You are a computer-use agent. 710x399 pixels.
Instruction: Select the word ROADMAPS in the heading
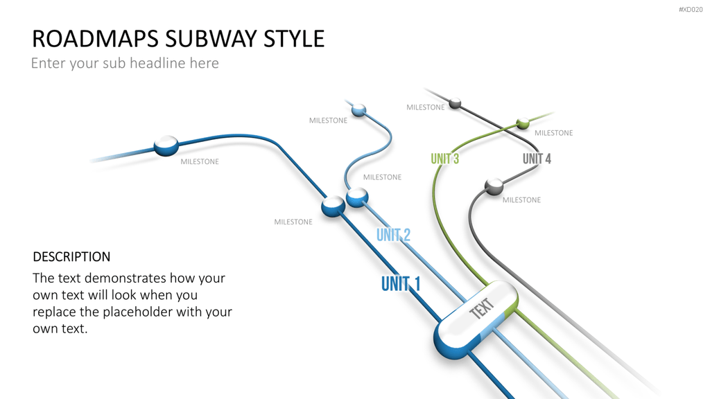96,39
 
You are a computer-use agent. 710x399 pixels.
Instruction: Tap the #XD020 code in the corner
691,10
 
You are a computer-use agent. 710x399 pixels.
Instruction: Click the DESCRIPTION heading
71,256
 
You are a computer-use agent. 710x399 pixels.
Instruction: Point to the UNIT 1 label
401,284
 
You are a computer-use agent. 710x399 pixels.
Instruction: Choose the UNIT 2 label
394,235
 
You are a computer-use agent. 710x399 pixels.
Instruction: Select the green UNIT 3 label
444,159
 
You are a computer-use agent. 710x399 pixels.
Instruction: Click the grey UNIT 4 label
537,159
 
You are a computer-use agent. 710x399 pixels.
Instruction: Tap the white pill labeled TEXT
476,319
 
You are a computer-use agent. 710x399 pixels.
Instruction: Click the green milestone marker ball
523,123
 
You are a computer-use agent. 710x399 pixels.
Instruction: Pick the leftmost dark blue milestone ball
166,145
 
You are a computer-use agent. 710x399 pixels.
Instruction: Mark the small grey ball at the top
455,104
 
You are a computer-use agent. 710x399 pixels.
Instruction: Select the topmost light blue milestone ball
358,110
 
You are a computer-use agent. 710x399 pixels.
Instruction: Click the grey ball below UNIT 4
494,186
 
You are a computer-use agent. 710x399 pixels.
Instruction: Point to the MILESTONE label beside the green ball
554,133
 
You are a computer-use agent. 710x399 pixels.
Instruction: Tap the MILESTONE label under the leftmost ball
200,161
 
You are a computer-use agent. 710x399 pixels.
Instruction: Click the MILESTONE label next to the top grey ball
425,107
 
